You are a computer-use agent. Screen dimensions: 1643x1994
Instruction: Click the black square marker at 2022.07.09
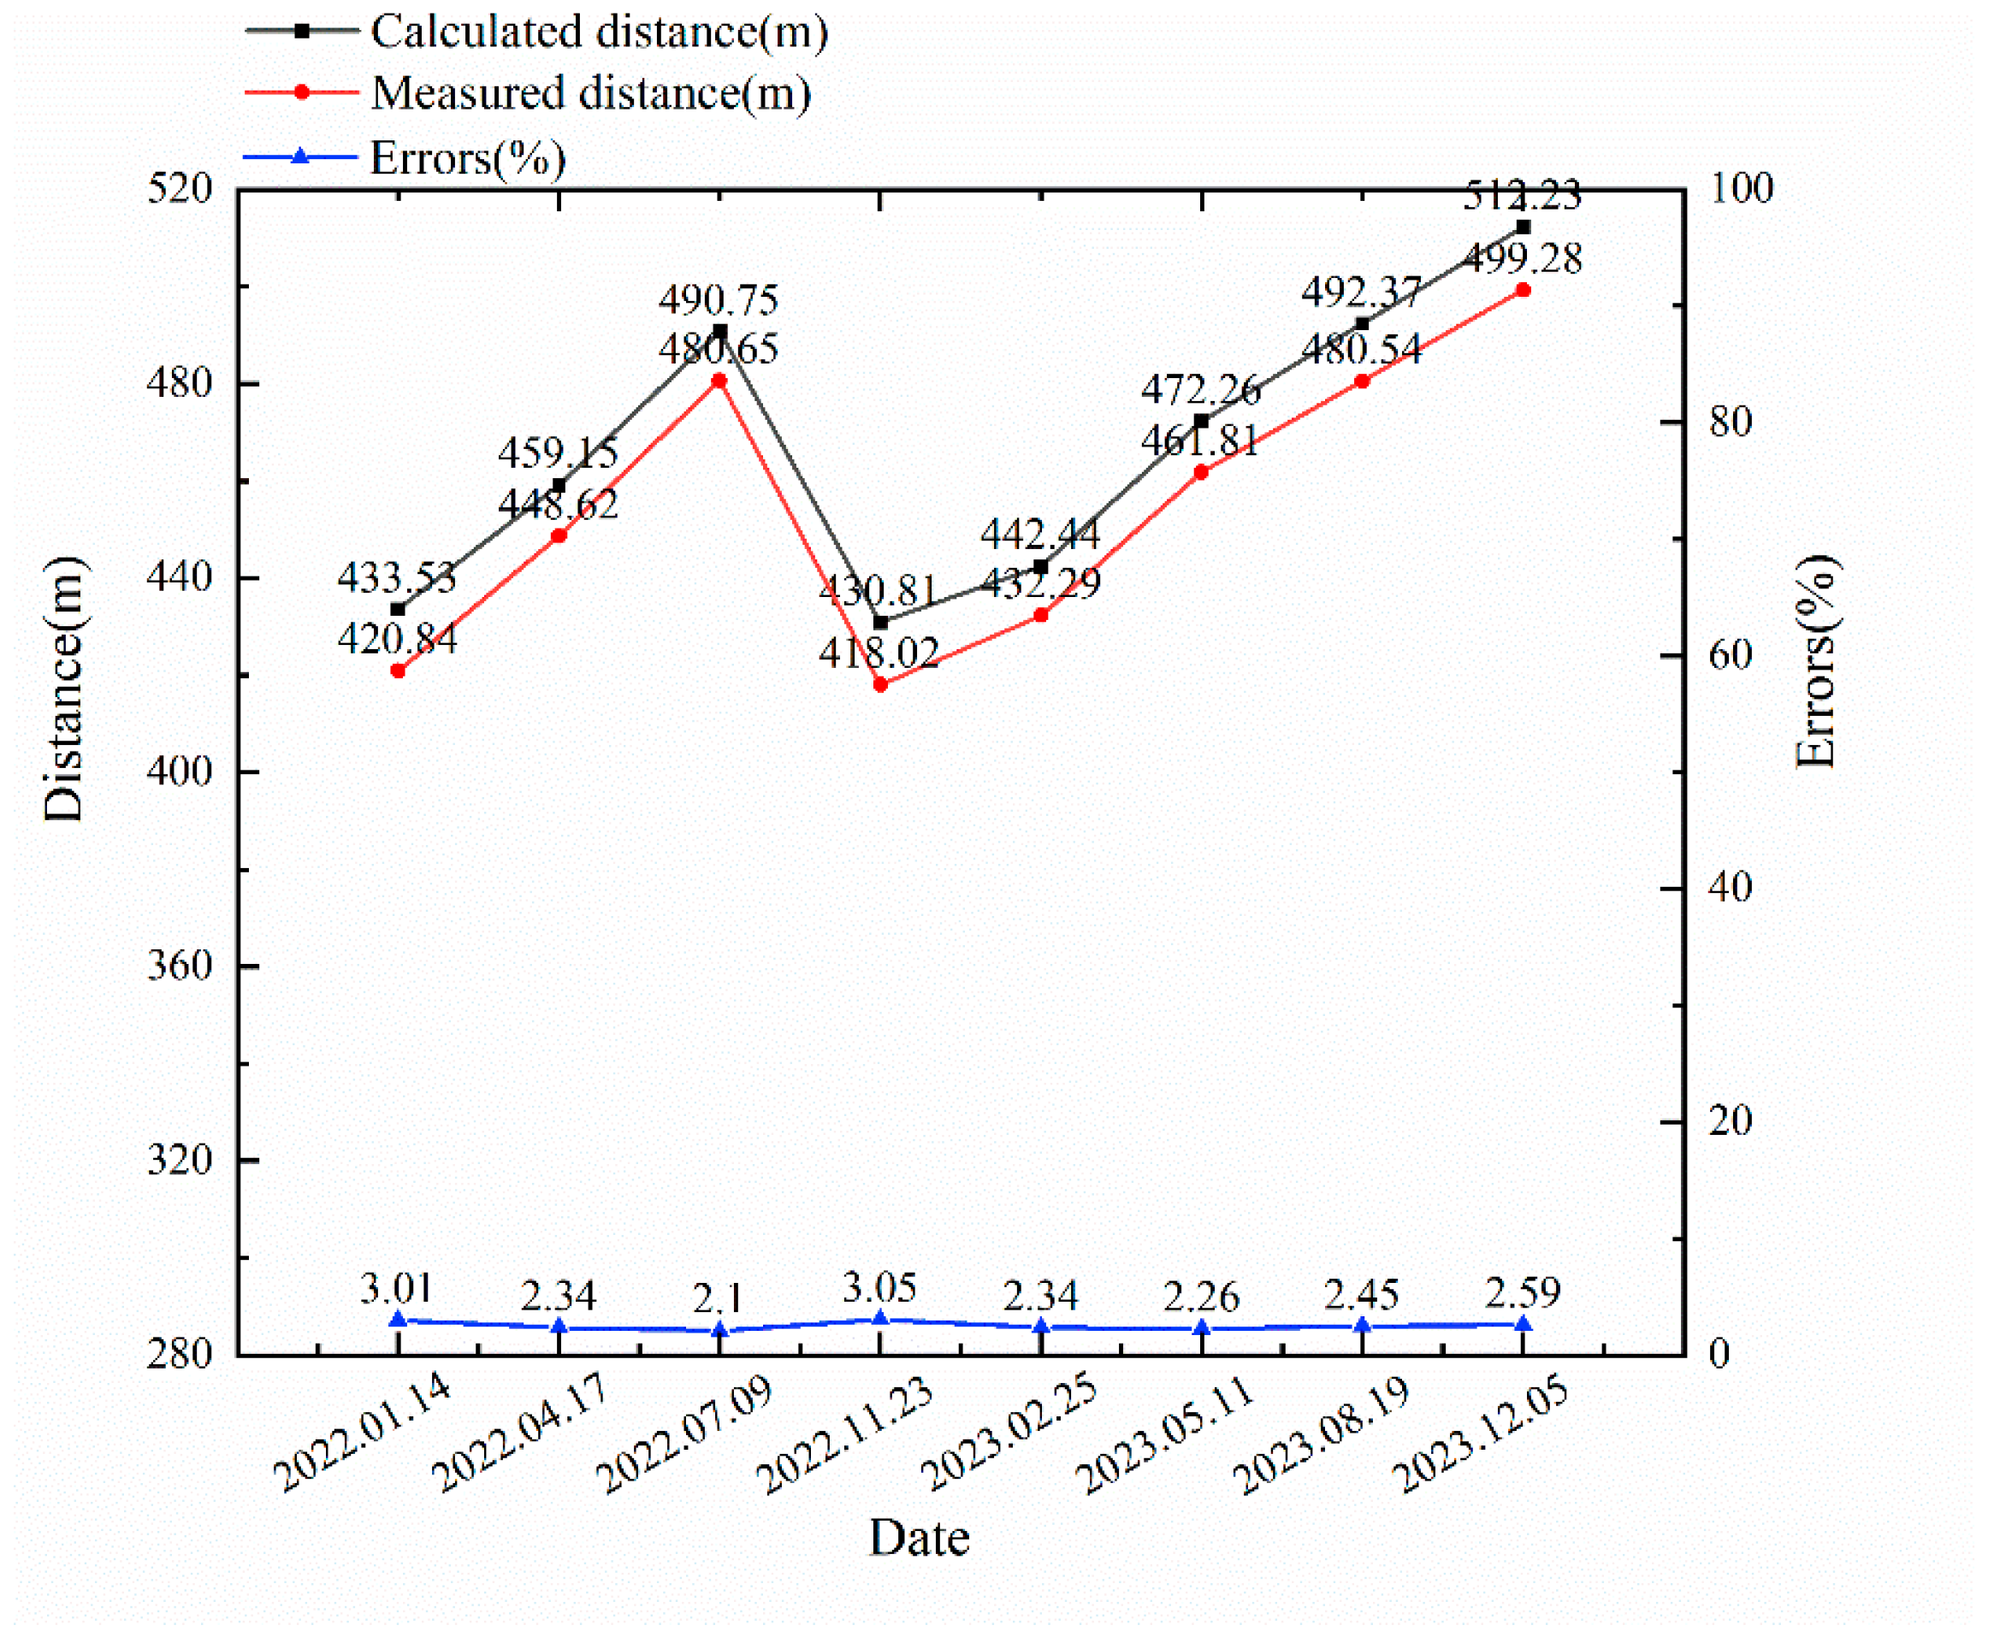pyautogui.click(x=719, y=331)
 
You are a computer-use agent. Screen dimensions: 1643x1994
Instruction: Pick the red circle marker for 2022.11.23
pyautogui.click(x=880, y=683)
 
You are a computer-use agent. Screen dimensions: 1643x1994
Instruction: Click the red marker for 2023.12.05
pyautogui.click(x=1523, y=290)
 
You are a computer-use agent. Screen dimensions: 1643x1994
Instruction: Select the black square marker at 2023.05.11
pyautogui.click(x=1201, y=421)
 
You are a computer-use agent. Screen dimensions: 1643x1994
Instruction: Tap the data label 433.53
pyautogui.click(x=397, y=576)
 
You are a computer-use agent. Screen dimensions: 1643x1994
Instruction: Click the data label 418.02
pyautogui.click(x=879, y=652)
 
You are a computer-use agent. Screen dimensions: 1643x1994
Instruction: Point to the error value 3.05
pyautogui.click(x=879, y=1287)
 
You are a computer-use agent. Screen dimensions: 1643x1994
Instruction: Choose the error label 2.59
pyautogui.click(x=1522, y=1291)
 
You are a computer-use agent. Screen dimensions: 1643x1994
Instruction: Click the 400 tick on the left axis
pyautogui.click(x=180, y=771)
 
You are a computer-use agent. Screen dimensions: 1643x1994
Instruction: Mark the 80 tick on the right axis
pyautogui.click(x=1730, y=421)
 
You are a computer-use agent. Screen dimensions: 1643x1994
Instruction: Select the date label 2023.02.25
pyautogui.click(x=1009, y=1432)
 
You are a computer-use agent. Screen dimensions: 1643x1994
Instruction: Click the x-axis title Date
pyautogui.click(x=919, y=1538)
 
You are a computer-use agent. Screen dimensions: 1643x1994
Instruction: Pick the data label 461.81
pyautogui.click(x=1199, y=440)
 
